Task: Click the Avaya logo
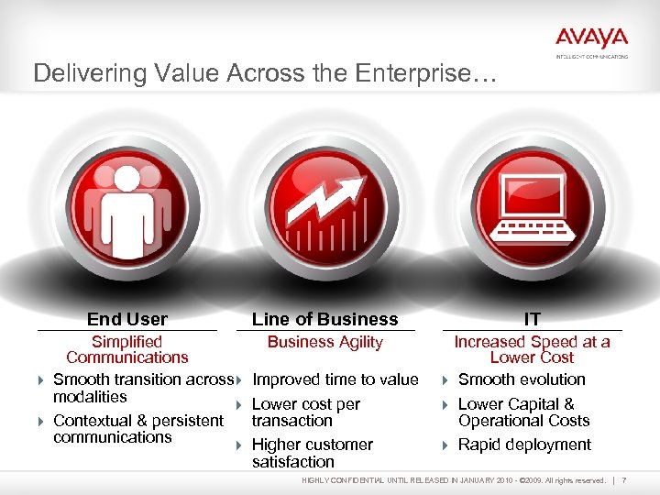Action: click(591, 40)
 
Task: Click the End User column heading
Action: click(127, 319)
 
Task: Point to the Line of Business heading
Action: click(324, 319)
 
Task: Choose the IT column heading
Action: click(533, 319)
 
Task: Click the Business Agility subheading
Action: click(324, 342)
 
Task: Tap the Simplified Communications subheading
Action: click(127, 349)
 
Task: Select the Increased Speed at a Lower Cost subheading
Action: click(532, 349)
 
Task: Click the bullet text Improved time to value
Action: click(335, 379)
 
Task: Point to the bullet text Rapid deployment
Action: click(524, 445)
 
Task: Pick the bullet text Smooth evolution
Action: click(522, 379)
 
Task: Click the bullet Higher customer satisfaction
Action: click(312, 453)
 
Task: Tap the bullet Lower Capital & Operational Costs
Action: click(523, 412)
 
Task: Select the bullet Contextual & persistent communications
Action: click(137, 429)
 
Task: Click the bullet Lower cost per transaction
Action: click(305, 412)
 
